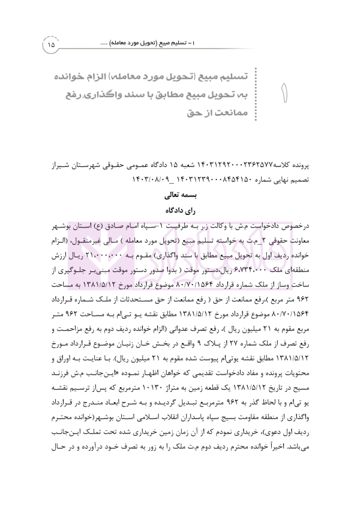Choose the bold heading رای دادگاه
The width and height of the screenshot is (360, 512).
point(181,211)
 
